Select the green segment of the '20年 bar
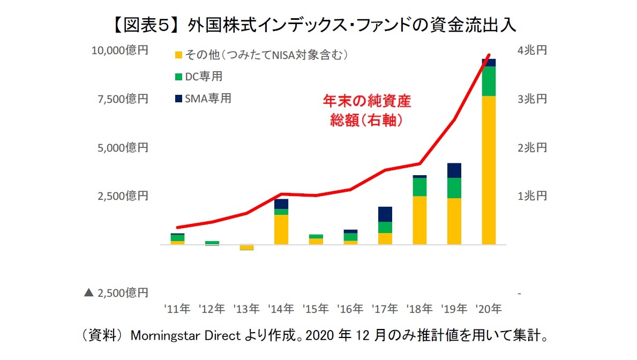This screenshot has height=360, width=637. [489, 81]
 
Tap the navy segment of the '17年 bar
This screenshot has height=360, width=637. [385, 214]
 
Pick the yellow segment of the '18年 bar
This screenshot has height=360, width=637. [419, 220]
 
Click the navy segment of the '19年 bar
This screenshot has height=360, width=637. [454, 170]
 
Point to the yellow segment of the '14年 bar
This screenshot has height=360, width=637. [281, 229]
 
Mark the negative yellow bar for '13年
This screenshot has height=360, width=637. [246, 247]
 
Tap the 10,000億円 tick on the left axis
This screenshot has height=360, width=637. [119, 50]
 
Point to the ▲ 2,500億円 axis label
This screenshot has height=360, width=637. [116, 293]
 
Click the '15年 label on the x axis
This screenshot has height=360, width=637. [316, 309]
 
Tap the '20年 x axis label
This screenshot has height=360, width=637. [489, 309]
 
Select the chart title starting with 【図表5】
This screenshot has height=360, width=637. [318, 24]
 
